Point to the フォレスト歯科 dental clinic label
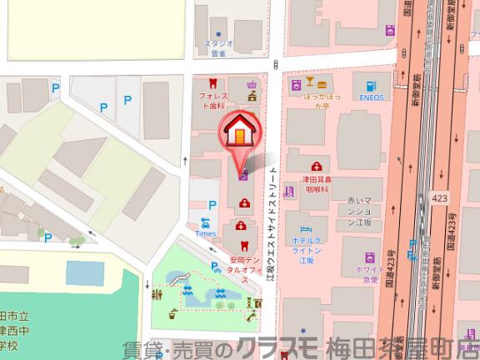(x=213, y=102)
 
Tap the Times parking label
(x=205, y=234)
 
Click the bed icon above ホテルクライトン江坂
(x=306, y=227)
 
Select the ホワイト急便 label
(x=369, y=275)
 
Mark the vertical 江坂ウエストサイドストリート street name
(x=271, y=223)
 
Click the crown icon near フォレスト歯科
(x=252, y=96)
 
